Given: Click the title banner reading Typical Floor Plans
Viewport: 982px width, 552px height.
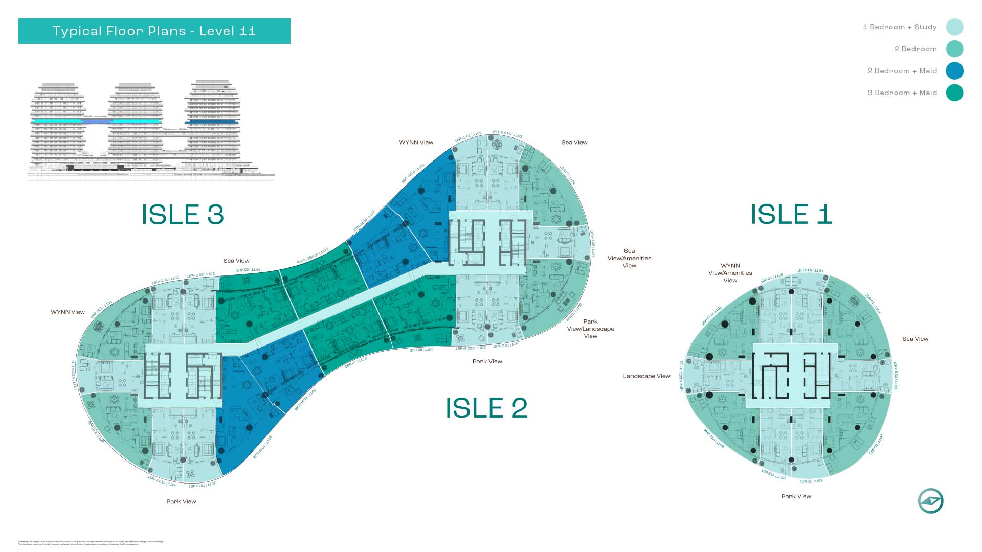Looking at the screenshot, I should [x=154, y=31].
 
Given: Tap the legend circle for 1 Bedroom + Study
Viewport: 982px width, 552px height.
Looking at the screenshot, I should [x=954, y=27].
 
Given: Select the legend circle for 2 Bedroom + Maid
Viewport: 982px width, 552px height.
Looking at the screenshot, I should [x=954, y=71].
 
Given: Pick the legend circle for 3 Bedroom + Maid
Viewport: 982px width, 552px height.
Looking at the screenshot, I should [x=954, y=93].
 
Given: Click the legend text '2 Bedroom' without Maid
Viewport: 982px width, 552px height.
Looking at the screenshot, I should [x=916, y=49].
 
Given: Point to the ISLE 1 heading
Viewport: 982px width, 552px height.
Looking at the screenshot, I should [x=791, y=214].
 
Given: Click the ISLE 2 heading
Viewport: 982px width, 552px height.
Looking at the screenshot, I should [x=486, y=408].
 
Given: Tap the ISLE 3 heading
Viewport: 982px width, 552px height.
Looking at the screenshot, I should [x=183, y=215].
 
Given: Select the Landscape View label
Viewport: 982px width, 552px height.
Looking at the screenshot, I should [x=646, y=376].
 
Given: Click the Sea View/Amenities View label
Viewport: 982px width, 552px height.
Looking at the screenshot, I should [x=629, y=258].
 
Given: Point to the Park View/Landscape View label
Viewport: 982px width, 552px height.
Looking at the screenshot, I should [x=590, y=329].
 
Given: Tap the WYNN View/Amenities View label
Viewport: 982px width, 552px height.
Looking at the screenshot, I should [x=730, y=273].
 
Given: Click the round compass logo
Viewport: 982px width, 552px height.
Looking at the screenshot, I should [x=930, y=501].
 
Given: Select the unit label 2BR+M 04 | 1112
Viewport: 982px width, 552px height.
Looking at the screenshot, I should [x=364, y=221].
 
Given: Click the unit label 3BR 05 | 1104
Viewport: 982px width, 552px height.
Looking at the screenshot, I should [x=248, y=270].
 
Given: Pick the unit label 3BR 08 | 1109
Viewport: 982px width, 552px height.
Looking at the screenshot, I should [x=421, y=350].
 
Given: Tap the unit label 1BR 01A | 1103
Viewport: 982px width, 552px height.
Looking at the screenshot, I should [x=810, y=270].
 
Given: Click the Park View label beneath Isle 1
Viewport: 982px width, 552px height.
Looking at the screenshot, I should [x=796, y=496].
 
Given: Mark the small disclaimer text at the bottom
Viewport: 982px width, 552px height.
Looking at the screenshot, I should [x=91, y=543].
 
